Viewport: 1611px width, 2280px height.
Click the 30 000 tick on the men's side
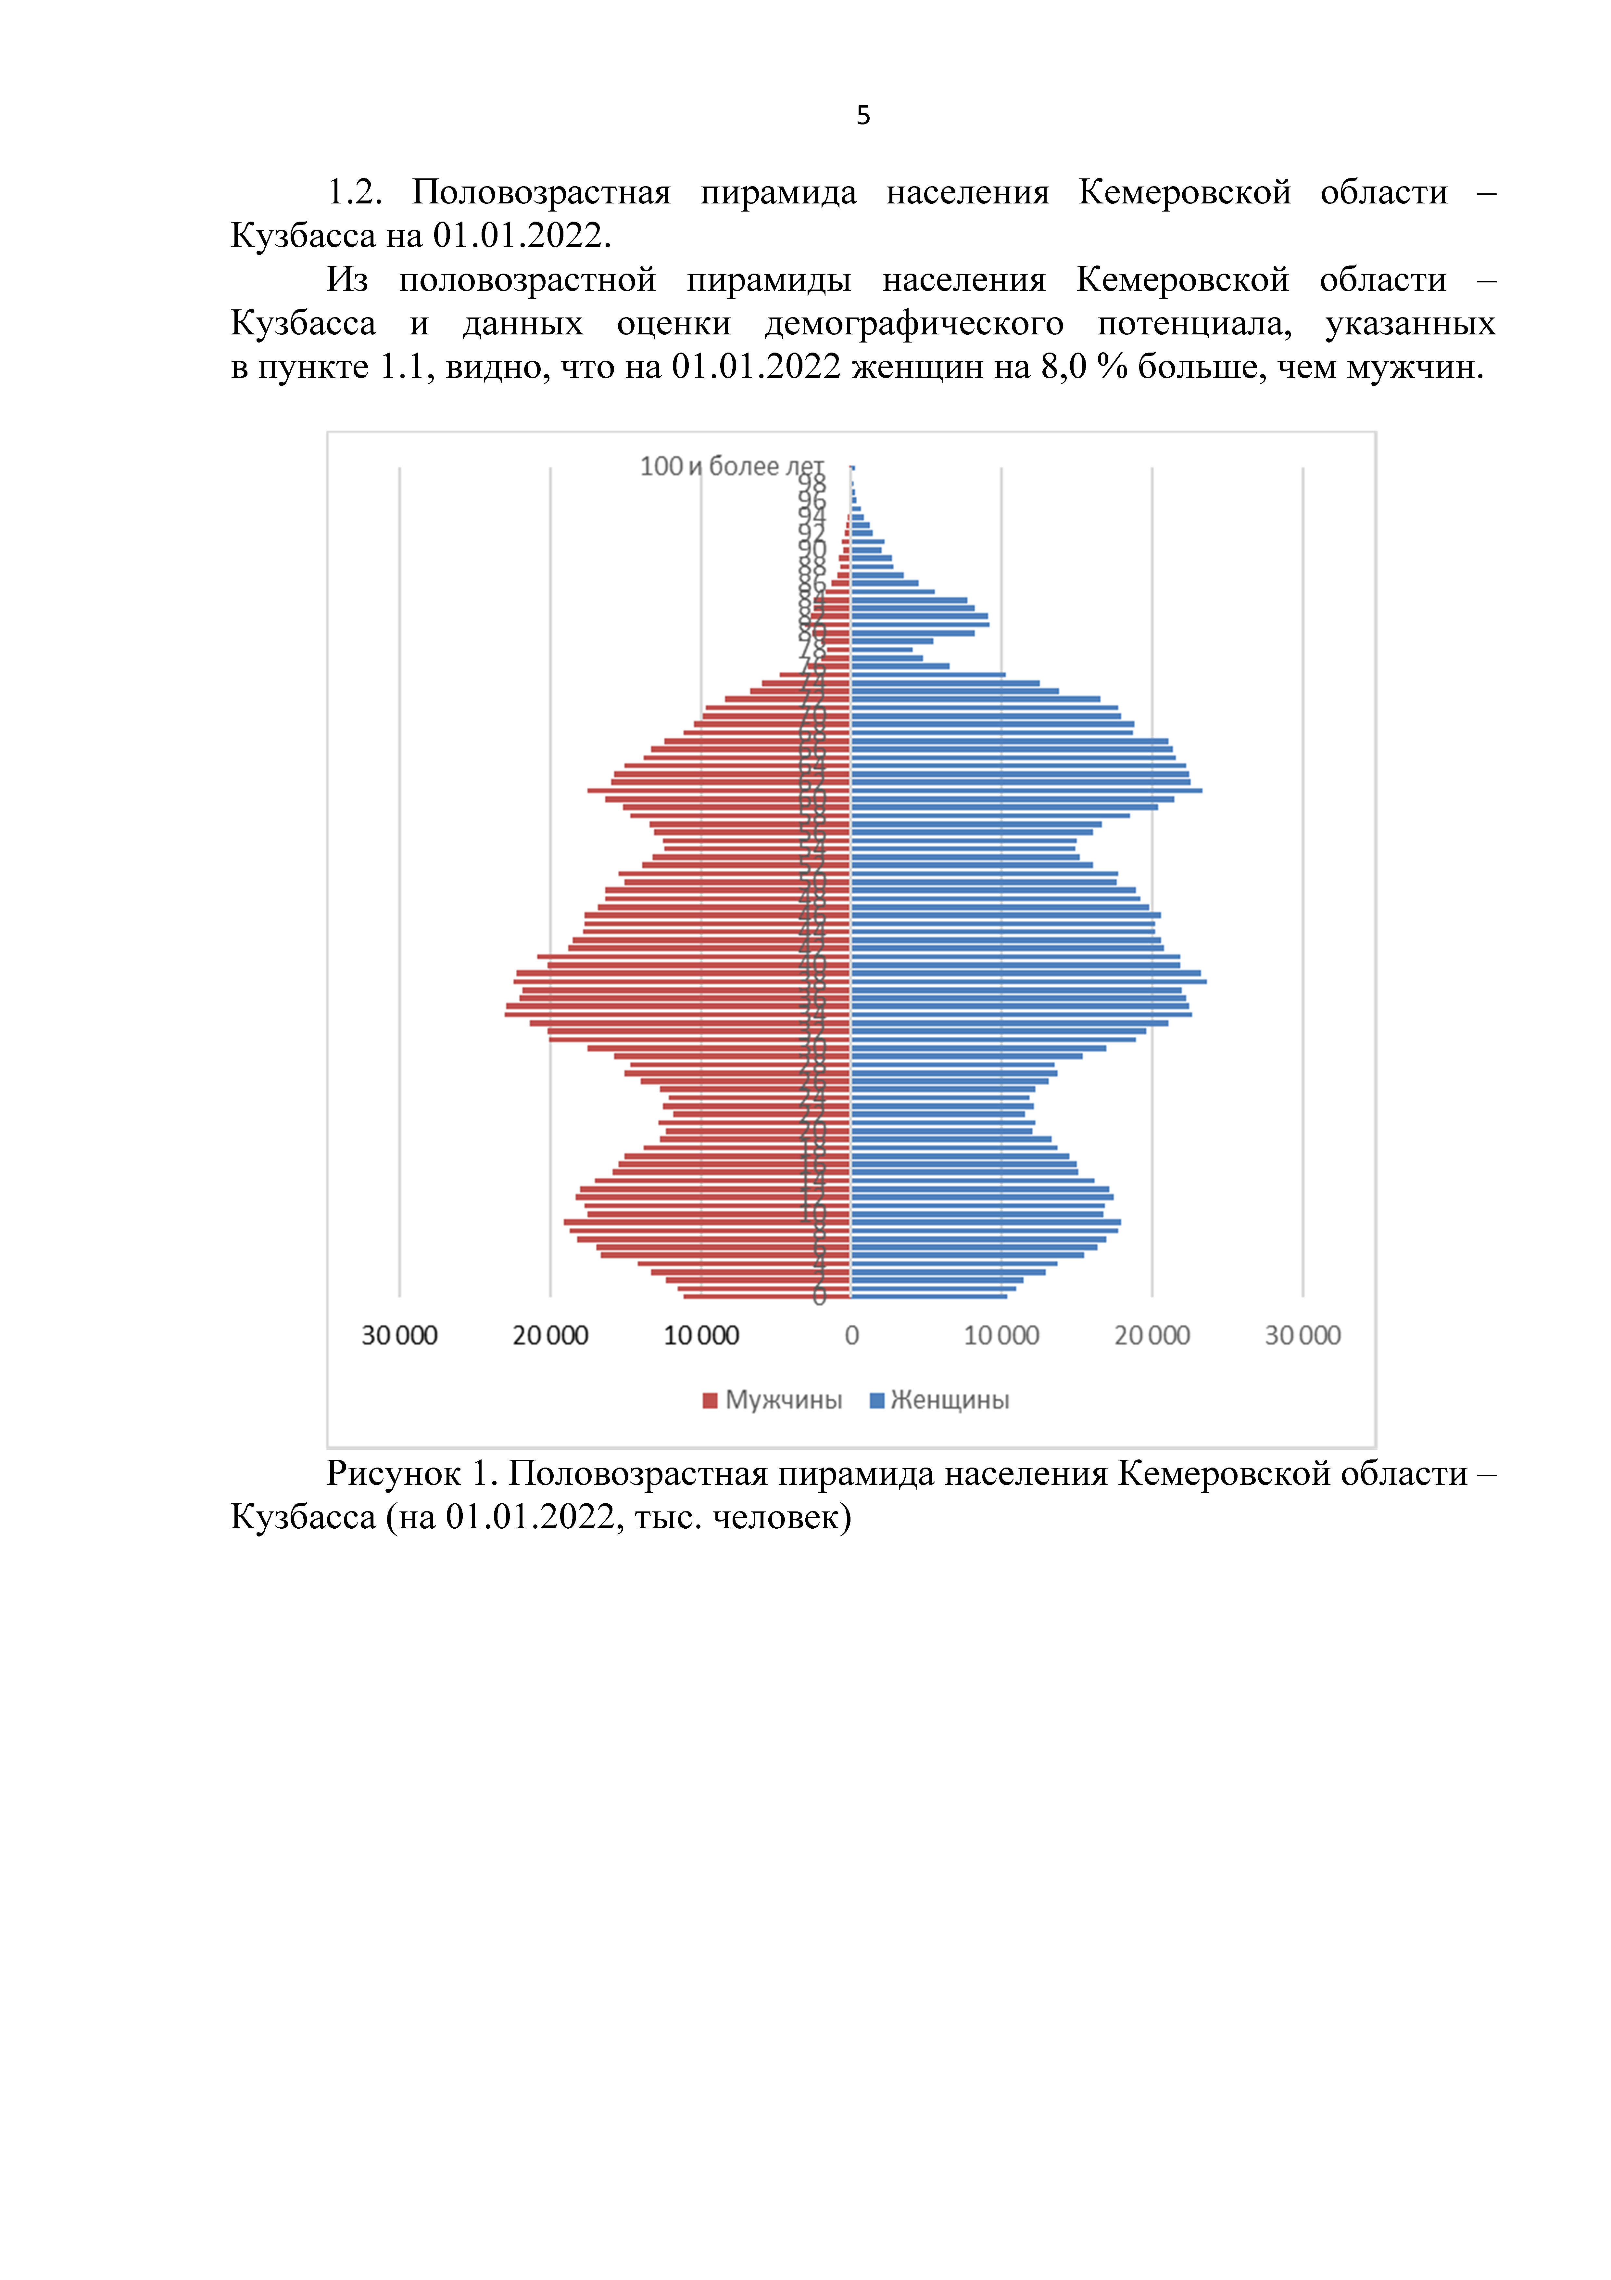click(399, 1336)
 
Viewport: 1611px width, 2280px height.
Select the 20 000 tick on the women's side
click(1152, 1336)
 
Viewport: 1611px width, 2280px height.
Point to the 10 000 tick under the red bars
click(701, 1336)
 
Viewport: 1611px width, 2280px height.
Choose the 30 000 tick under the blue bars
click(1302, 1336)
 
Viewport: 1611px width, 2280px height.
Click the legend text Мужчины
click(783, 1400)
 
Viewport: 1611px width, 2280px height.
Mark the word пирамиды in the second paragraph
click(768, 280)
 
